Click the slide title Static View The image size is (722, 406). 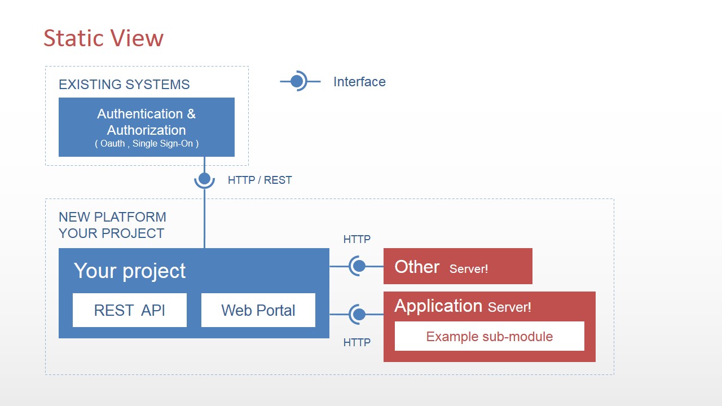(103, 38)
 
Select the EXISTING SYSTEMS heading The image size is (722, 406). (124, 85)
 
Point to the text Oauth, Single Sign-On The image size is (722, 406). (147, 144)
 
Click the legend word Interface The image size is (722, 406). (359, 82)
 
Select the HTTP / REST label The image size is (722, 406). (259, 180)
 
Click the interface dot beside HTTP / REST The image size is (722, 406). (204, 179)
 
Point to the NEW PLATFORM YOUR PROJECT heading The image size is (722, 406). (112, 225)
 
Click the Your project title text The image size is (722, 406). (130, 271)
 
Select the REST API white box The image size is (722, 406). (130, 310)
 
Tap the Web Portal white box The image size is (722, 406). (258, 310)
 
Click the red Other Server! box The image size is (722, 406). (457, 266)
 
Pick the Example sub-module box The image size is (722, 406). (489, 337)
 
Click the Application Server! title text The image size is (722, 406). (463, 306)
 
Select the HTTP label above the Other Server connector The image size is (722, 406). (356, 240)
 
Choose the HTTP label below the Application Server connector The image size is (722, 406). (356, 342)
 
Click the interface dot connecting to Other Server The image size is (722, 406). (359, 266)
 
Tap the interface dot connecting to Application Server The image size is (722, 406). (359, 314)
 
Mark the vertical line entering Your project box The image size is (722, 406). (204, 220)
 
